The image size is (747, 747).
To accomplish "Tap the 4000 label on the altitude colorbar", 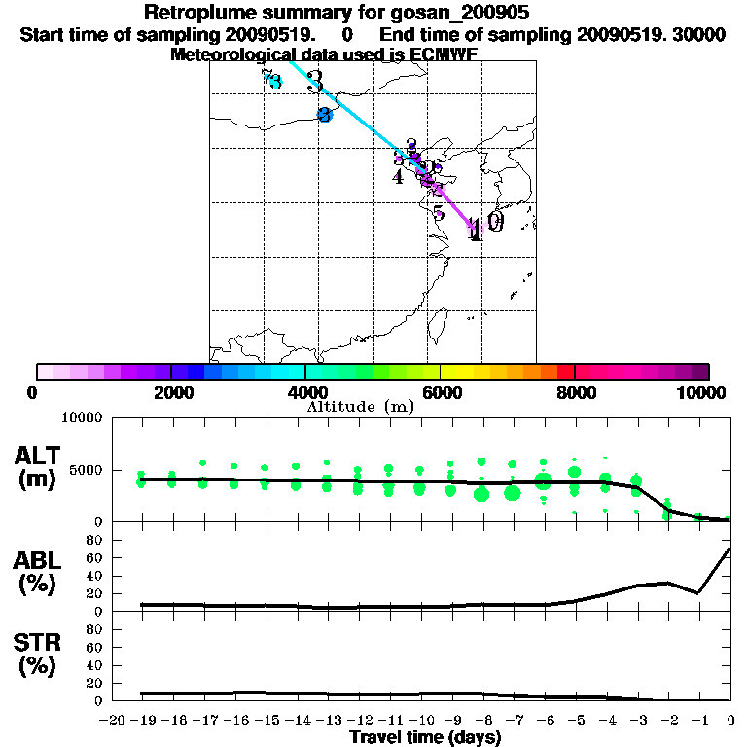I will [304, 392].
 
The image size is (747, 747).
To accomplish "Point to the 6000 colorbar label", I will [440, 392].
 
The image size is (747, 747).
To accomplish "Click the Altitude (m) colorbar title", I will [360, 407].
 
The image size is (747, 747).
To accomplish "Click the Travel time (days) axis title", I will [425, 738].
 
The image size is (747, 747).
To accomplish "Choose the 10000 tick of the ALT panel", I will [82, 418].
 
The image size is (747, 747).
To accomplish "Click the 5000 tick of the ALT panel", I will [87, 469].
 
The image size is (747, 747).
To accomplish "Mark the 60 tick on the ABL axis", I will [94, 557].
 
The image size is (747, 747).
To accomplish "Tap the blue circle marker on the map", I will [325, 115].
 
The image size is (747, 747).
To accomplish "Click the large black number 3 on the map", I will [314, 82].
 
